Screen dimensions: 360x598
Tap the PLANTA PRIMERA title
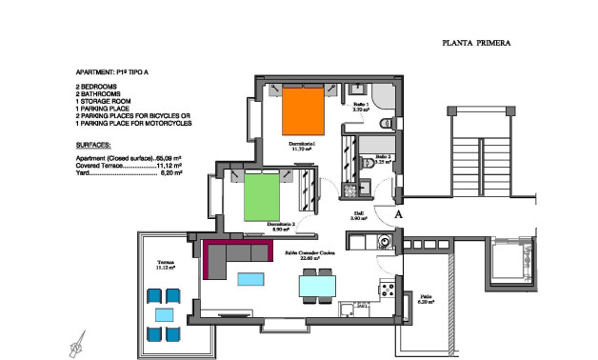pyautogui.click(x=477, y=43)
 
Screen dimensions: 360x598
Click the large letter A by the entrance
pyautogui.click(x=400, y=216)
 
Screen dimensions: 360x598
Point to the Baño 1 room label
pyautogui.click(x=360, y=107)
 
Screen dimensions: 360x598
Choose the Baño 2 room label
pyautogui.click(x=378, y=158)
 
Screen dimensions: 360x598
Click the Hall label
pyautogui.click(x=358, y=215)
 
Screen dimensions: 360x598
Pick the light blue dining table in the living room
pyautogui.click(x=317, y=285)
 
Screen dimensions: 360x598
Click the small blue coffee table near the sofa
pyautogui.click(x=252, y=278)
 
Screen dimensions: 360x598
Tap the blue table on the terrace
pyautogui.click(x=165, y=313)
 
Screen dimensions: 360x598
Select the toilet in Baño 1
pyautogui.click(x=385, y=124)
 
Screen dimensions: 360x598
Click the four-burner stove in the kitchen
pyautogui.click(x=387, y=289)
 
